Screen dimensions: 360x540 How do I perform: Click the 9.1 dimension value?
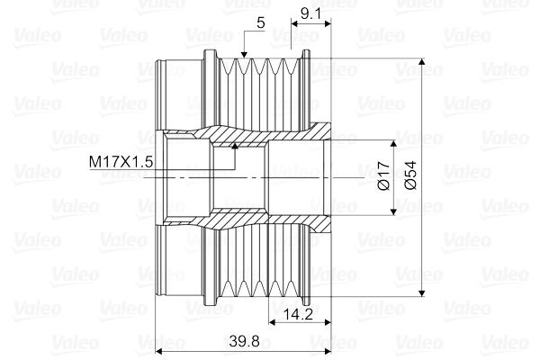coord(310,13)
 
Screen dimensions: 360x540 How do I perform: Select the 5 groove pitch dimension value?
coord(259,23)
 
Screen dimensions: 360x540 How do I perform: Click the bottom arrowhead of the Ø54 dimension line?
coord(422,292)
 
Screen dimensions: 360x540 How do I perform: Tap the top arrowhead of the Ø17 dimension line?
coord(393,145)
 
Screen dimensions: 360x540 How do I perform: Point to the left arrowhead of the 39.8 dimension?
coord(159,350)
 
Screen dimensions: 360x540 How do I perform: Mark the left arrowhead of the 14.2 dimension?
coord(274,322)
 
